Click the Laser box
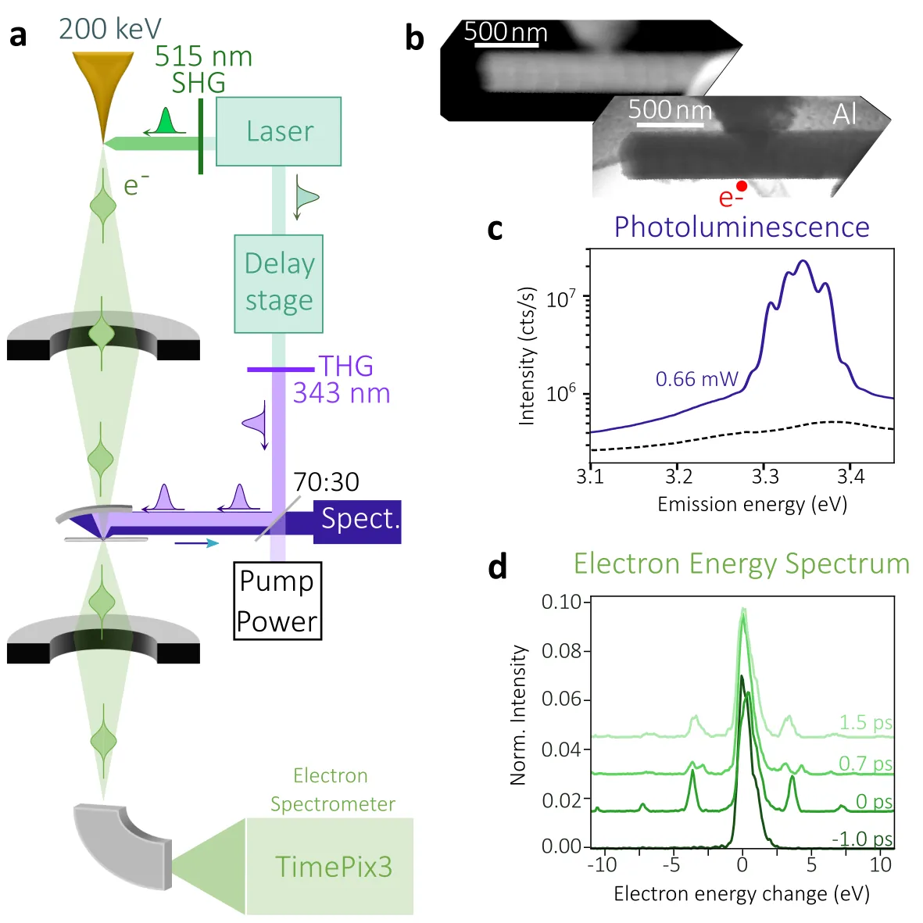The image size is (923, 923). click(x=278, y=131)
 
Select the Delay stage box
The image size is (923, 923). click(x=278, y=283)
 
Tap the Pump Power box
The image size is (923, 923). click(x=277, y=600)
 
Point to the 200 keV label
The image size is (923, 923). click(x=109, y=29)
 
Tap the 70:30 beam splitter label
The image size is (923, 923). click(x=326, y=481)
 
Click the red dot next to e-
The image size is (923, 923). click(x=742, y=186)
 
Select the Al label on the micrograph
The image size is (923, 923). click(x=845, y=114)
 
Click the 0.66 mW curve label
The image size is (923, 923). click(x=696, y=380)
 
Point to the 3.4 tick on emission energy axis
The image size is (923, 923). click(x=850, y=476)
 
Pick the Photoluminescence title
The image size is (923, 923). click(x=741, y=227)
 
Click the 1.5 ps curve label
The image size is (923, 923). click(x=865, y=722)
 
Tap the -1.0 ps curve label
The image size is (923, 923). click(x=862, y=839)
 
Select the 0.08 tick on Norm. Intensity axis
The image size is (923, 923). click(x=561, y=651)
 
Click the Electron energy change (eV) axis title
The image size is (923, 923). click(x=741, y=893)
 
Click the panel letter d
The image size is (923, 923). click(x=497, y=566)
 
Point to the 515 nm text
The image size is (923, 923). click(x=203, y=57)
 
